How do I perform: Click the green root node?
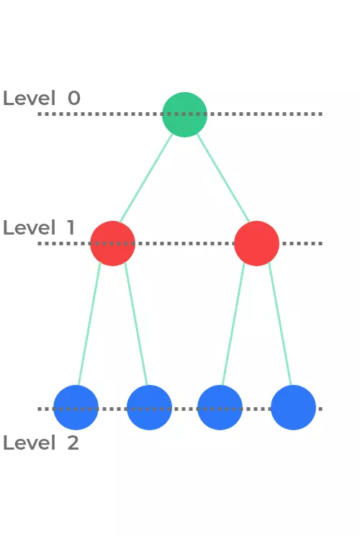[185, 114]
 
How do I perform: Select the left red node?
[112, 243]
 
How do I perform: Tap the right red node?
[256, 243]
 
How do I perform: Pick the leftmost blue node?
[76, 407]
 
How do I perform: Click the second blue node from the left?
[149, 407]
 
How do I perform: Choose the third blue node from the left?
[220, 407]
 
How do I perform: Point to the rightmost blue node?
[293, 407]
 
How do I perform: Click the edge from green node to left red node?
[146, 178]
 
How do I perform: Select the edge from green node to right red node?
[223, 178]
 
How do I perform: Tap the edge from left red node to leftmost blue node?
[89, 324]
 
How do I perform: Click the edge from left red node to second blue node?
[136, 324]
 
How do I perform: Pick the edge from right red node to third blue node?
[234, 324]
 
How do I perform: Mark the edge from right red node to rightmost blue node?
[280, 324]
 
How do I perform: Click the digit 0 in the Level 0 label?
[74, 98]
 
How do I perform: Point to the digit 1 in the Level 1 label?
[71, 227]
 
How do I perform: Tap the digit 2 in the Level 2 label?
[73, 442]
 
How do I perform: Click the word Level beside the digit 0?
[29, 98]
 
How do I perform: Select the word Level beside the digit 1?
[29, 227]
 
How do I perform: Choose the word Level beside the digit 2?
[29, 442]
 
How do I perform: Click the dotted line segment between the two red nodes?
[185, 243]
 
